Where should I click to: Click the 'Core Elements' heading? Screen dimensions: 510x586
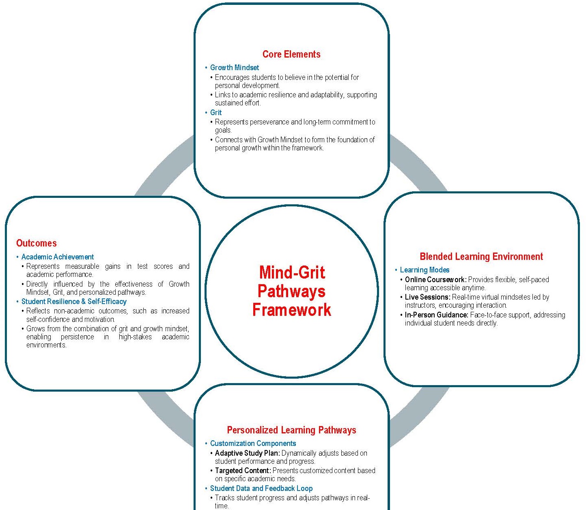[x=291, y=54]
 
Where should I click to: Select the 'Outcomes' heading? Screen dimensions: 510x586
[x=37, y=243]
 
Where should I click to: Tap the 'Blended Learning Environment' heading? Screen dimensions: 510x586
[x=481, y=257]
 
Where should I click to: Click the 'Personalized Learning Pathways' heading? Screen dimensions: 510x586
[x=291, y=430]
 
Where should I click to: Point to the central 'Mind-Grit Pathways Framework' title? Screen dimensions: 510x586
[x=292, y=291]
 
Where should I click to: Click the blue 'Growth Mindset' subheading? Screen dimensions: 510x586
[x=235, y=68]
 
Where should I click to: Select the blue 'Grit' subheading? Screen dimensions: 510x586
[x=216, y=113]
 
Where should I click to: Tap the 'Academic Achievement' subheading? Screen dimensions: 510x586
[x=58, y=257]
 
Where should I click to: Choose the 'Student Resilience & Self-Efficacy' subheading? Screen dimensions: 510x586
[x=74, y=302]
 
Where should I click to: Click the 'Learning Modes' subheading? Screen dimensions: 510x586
[x=424, y=270]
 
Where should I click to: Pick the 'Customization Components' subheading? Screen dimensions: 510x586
[x=253, y=444]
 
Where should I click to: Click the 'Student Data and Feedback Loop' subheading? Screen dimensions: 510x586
[x=261, y=489]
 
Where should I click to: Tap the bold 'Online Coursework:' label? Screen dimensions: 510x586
[x=435, y=280]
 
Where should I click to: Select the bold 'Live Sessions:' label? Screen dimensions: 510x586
[x=427, y=297]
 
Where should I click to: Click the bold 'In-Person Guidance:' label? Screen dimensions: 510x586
[x=436, y=315]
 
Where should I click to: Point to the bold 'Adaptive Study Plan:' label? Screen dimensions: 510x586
[x=247, y=453]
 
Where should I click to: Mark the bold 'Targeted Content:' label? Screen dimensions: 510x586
[x=243, y=471]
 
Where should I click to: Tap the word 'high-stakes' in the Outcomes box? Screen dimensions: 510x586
[x=135, y=337]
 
